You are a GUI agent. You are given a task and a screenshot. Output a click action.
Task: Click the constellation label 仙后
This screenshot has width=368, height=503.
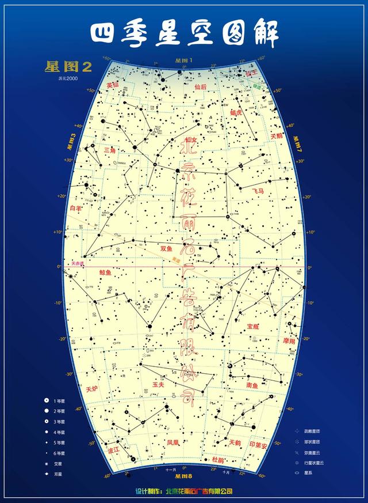pyautogui.click(x=201, y=87)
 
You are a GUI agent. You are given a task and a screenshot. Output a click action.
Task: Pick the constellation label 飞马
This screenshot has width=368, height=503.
pyautogui.click(x=258, y=190)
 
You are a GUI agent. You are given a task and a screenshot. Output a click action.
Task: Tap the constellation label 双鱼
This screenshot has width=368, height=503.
pyautogui.click(x=166, y=249)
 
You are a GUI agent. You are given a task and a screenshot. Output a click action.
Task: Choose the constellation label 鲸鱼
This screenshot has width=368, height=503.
pyautogui.click(x=106, y=272)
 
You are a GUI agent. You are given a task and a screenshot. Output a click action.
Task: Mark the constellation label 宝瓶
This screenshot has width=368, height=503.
pyautogui.click(x=252, y=326)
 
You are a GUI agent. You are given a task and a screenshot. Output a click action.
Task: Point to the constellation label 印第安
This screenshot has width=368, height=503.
pyautogui.click(x=258, y=445)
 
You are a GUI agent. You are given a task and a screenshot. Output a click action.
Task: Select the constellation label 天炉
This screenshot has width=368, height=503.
pyautogui.click(x=92, y=389)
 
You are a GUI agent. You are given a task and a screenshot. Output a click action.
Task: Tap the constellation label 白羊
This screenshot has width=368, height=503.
pyautogui.click(x=76, y=208)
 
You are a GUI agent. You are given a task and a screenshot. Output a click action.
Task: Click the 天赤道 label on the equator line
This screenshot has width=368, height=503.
pyautogui.click(x=78, y=264)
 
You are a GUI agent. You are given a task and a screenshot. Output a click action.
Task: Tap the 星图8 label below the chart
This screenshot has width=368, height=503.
pyautogui.click(x=183, y=477)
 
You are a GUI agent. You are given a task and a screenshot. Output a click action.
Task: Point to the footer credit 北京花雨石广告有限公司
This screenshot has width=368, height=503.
pyautogui.click(x=199, y=491)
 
